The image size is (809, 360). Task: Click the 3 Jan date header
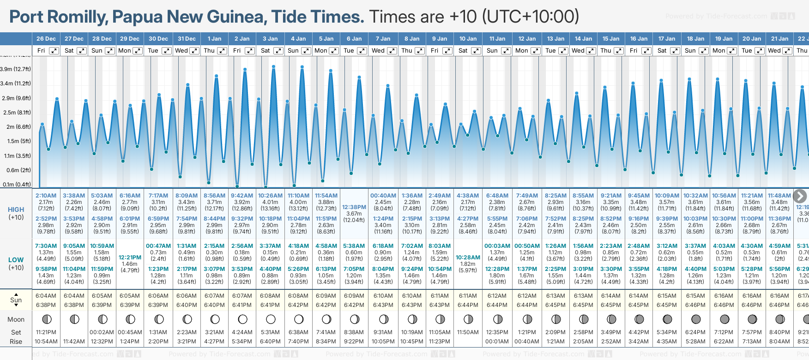[270, 39]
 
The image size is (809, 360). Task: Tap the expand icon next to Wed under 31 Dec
[194, 51]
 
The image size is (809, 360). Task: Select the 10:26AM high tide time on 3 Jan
[270, 196]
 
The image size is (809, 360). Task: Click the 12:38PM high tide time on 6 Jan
[354, 207]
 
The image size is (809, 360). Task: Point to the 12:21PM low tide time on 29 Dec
[130, 258]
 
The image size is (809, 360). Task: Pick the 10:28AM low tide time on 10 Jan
[468, 258]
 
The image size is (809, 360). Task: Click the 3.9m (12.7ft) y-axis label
[16, 69]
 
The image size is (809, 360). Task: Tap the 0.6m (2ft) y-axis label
[18, 170]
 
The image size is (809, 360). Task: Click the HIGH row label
[16, 210]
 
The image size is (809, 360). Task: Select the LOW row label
[16, 260]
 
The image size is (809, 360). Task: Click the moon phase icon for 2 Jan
[242, 319]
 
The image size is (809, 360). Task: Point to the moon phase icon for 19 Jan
[724, 319]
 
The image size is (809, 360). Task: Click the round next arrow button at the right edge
[800, 196]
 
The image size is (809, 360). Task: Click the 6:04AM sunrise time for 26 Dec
[46, 296]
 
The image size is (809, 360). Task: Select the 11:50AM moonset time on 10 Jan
[468, 332]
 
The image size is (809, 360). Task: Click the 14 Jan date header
[584, 39]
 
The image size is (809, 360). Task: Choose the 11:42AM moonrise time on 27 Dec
[74, 342]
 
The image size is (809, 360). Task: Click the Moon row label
[16, 319]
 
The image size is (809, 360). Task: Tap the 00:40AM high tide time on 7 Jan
[383, 196]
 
